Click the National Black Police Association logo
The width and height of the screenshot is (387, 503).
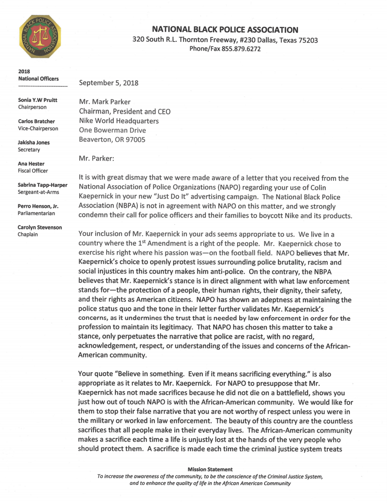tap(40, 37)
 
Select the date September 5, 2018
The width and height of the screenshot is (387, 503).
tap(108, 83)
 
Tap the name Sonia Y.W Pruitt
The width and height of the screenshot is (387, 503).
tap(37, 100)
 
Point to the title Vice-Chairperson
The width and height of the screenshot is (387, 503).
tap(38, 129)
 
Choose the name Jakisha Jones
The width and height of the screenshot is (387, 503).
tap(34, 143)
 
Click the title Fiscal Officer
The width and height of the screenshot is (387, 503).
tap(33, 171)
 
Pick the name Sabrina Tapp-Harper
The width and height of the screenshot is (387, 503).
tap(42, 185)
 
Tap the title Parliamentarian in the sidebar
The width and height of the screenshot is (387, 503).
tap(36, 213)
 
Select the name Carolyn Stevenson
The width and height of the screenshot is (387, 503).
tap(40, 227)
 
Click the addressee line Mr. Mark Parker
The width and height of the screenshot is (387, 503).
tap(105, 102)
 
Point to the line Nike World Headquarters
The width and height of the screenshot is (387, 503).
tap(119, 121)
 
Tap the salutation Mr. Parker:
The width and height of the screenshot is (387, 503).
tap(96, 158)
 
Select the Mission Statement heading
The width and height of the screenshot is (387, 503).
tap(210, 469)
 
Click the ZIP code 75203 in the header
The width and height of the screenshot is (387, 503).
tap(308, 40)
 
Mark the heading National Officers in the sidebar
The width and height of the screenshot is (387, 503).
tap(39, 79)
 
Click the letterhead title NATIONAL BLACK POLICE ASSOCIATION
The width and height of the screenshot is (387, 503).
tap(225, 29)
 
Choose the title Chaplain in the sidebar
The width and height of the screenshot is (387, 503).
tap(28, 234)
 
